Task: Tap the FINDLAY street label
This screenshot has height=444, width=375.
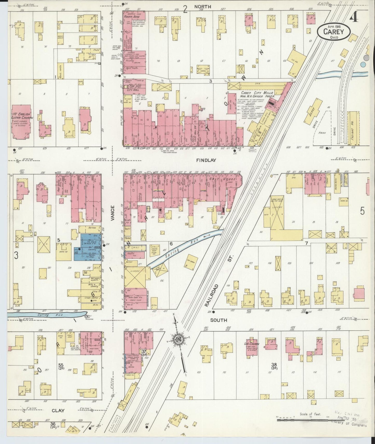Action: tap(209, 160)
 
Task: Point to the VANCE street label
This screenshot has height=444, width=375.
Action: tap(112, 213)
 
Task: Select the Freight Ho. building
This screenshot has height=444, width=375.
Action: tap(353, 128)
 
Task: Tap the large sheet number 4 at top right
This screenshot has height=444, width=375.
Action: tap(353, 17)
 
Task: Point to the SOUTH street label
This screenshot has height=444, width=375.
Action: tap(219, 320)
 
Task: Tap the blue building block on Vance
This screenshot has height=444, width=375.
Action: tap(88, 247)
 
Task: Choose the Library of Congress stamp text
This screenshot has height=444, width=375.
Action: tap(352, 425)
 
